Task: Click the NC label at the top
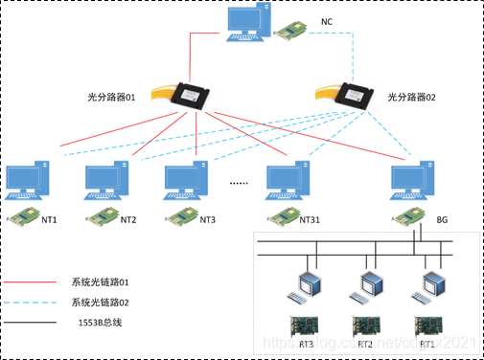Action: pyautogui.click(x=326, y=21)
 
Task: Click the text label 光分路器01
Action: pyautogui.click(x=112, y=97)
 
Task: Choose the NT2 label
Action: pyautogui.click(x=128, y=220)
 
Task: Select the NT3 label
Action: pyautogui.click(x=208, y=220)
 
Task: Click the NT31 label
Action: pyautogui.click(x=310, y=220)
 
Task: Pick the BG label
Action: pyautogui.click(x=442, y=220)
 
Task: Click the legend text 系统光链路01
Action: pyautogui.click(x=101, y=282)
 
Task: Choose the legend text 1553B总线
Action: pyautogui.click(x=94, y=325)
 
